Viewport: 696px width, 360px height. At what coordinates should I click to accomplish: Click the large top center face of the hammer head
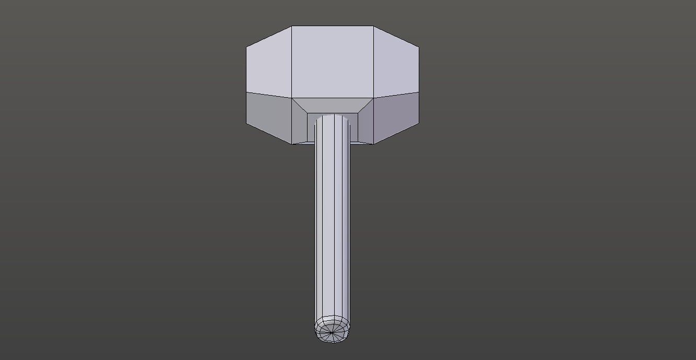[332, 62]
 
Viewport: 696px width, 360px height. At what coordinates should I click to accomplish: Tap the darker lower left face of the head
[269, 118]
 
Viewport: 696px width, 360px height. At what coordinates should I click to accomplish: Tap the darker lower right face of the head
[396, 118]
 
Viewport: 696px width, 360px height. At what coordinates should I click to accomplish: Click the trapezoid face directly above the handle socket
[332, 104]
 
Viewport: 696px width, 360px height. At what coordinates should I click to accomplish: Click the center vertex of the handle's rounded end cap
[332, 331]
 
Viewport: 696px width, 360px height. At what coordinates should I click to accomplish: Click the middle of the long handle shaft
[333, 219]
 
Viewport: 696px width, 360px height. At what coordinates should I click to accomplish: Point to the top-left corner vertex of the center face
[291, 26]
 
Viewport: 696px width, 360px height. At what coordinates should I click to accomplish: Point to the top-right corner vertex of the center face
[373, 26]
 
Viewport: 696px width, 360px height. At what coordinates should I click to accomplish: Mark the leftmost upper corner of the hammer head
[246, 48]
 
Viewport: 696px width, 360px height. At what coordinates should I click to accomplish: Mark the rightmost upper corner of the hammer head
[419, 48]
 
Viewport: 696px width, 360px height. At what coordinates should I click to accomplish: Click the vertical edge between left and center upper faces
[291, 62]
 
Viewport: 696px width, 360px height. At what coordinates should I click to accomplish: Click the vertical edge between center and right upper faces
[373, 62]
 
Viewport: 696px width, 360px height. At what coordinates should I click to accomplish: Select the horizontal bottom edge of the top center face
[332, 98]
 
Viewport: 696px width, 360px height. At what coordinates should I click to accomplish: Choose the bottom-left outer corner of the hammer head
[246, 124]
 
